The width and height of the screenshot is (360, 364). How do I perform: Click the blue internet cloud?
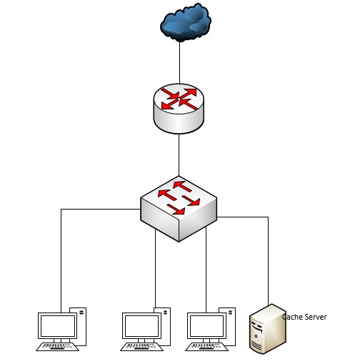pyautogui.click(x=186, y=22)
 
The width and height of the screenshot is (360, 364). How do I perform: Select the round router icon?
pyautogui.click(x=179, y=109)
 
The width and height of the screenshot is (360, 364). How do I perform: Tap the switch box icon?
pyautogui.click(x=179, y=209)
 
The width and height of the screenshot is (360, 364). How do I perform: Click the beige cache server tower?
pyautogui.click(x=268, y=329)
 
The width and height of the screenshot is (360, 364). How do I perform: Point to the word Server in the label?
pyautogui.click(x=316, y=317)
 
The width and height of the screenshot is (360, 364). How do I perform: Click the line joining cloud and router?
pyautogui.click(x=180, y=63)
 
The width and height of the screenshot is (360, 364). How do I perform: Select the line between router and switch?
pyautogui.click(x=179, y=155)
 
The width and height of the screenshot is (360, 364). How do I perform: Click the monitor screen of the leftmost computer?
pyautogui.click(x=58, y=325)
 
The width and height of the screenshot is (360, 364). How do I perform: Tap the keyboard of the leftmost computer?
pyautogui.click(x=57, y=347)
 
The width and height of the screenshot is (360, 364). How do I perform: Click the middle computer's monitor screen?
pyautogui.click(x=142, y=325)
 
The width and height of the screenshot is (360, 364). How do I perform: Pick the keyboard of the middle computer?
pyautogui.click(x=141, y=347)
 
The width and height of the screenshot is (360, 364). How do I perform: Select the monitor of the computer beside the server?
pyautogui.click(x=207, y=325)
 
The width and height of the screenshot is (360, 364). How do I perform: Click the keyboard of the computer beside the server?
pyautogui.click(x=206, y=347)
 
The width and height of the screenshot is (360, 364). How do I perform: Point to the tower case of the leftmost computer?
pyautogui.click(x=81, y=327)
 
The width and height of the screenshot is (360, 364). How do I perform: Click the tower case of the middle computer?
pyautogui.click(x=166, y=327)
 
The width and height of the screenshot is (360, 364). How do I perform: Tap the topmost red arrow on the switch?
pyautogui.click(x=182, y=186)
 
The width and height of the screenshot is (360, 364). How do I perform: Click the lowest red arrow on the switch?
pyautogui.click(x=176, y=209)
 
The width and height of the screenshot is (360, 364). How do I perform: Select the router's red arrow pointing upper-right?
pyautogui.click(x=189, y=93)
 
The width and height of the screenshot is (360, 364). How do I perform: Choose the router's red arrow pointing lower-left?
pyautogui.click(x=169, y=104)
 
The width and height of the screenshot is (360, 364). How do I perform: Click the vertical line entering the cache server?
pyautogui.click(x=269, y=261)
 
